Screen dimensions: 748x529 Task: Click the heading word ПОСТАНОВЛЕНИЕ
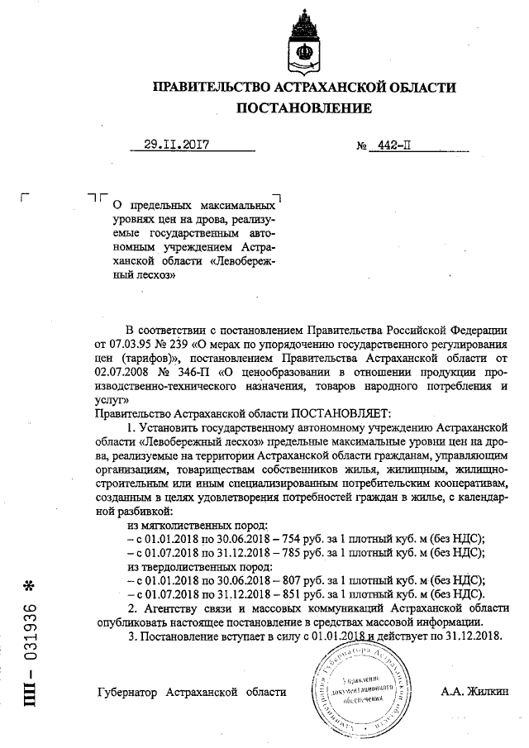point(304,108)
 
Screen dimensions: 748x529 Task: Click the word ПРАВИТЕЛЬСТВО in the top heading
point(212,87)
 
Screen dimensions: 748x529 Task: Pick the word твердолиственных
point(201,567)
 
